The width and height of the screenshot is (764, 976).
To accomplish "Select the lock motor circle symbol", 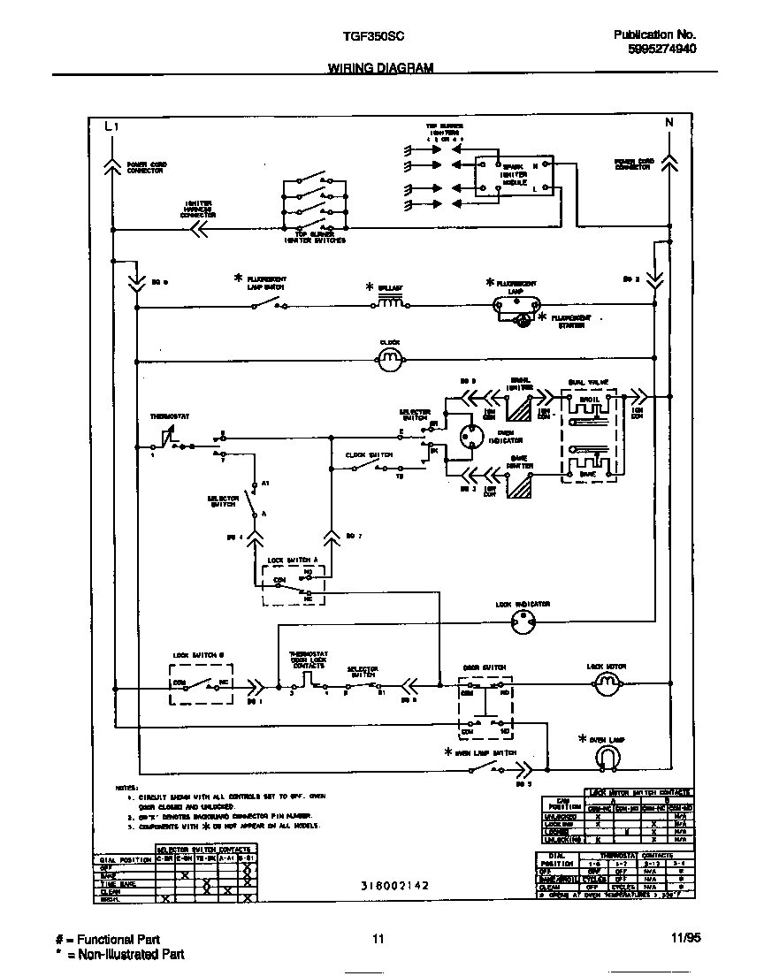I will tap(606, 682).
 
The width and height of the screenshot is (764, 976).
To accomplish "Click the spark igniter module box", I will tap(514, 176).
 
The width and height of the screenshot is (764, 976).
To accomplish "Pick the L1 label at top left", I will tap(111, 126).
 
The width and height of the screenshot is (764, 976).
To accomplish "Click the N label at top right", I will tap(668, 122).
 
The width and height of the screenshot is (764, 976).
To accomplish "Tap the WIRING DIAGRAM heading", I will tap(380, 68).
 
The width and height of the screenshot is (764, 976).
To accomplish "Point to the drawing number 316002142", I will tap(394, 884).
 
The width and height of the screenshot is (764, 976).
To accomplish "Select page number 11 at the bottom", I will tap(378, 939).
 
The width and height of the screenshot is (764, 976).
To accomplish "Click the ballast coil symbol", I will tap(390, 303).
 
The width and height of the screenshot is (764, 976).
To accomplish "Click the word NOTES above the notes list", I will tap(126, 787).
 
